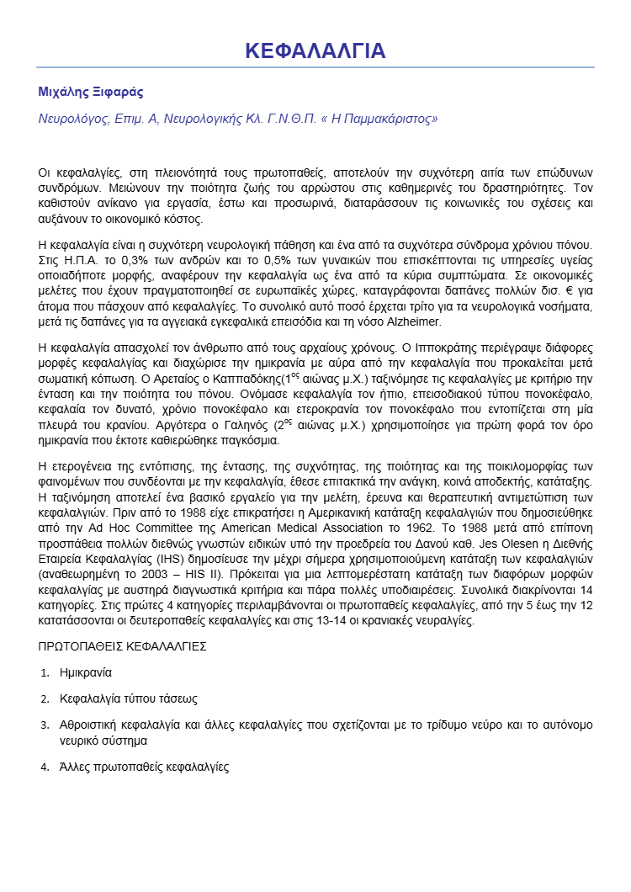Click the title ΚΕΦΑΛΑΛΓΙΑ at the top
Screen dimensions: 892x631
(x=315, y=50)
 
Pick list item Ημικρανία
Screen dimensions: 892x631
(x=86, y=673)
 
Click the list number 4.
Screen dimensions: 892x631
(x=45, y=767)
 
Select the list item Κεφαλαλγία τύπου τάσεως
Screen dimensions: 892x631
(x=129, y=698)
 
